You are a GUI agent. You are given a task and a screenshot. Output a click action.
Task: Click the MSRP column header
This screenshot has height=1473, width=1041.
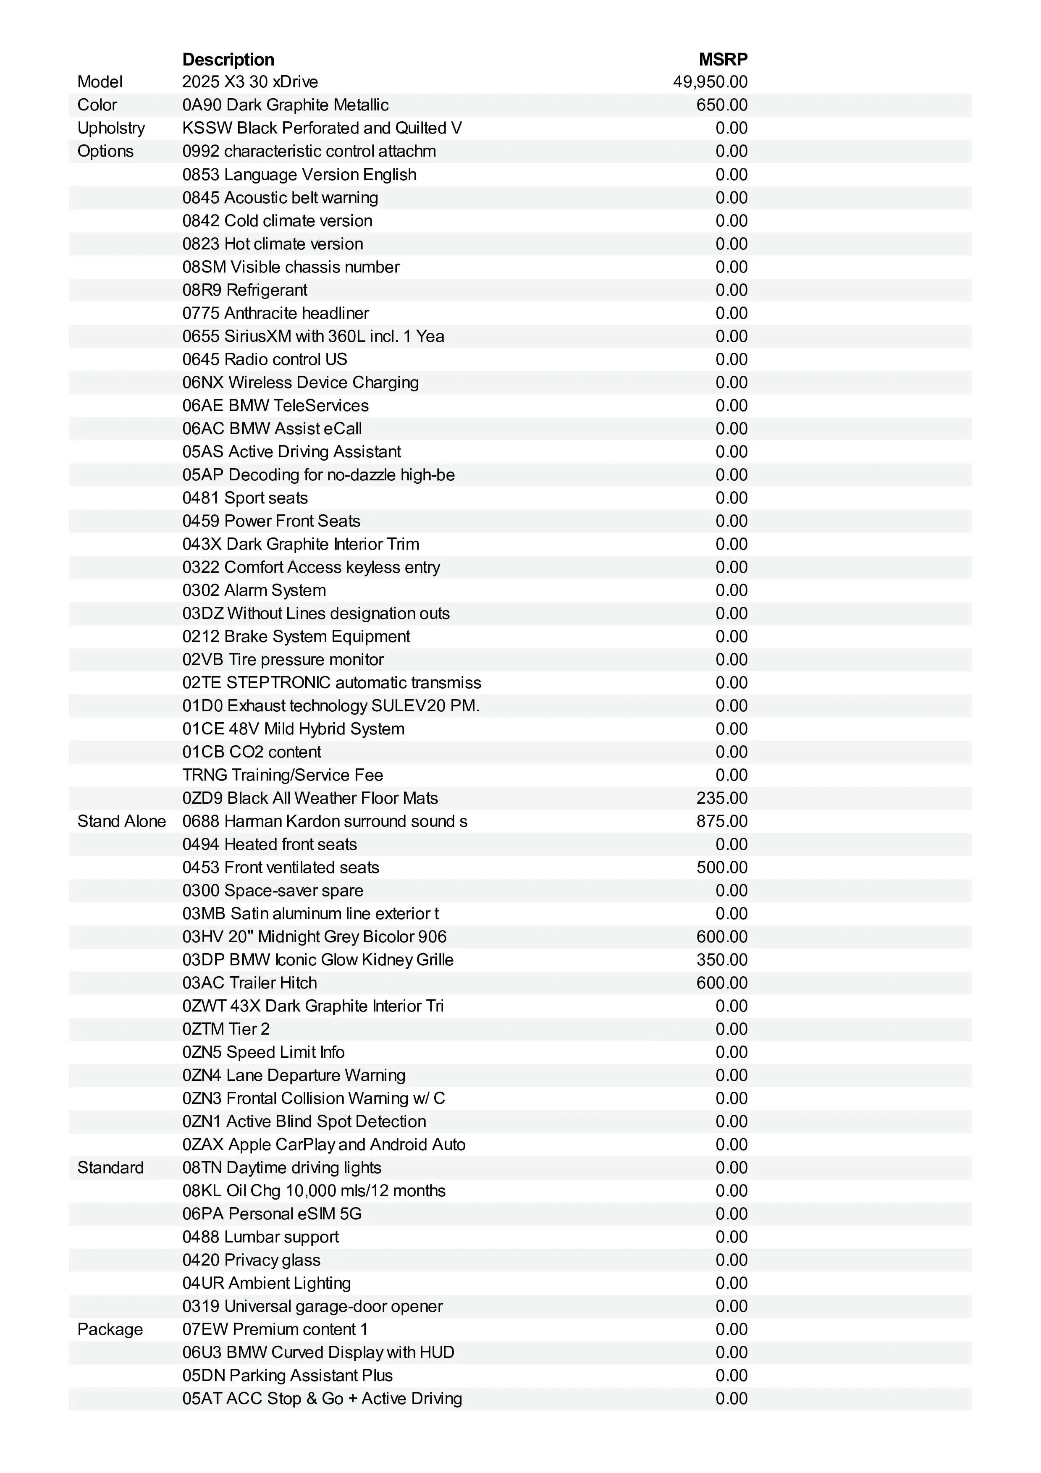point(723,60)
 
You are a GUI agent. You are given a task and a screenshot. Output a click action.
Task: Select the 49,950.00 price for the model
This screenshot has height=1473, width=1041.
point(710,82)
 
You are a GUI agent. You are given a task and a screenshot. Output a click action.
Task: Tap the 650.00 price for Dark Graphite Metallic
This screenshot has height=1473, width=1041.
point(721,105)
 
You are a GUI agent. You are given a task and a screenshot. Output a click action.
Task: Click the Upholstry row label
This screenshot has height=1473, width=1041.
point(111,128)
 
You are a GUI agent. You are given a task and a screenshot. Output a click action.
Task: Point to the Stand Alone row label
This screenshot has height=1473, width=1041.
point(121,821)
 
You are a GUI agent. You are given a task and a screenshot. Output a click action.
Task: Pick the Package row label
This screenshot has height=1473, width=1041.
point(110,1329)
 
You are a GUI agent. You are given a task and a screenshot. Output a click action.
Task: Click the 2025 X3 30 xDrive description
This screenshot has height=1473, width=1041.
point(250,82)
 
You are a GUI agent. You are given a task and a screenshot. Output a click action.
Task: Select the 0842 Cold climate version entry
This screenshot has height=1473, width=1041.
point(277,221)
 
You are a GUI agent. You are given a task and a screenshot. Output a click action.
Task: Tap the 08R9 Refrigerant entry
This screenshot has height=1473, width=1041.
point(244,290)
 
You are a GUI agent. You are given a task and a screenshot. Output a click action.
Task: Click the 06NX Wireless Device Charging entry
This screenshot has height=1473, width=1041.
point(300,383)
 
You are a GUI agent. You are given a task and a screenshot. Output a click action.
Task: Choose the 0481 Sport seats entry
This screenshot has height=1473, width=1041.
point(244,498)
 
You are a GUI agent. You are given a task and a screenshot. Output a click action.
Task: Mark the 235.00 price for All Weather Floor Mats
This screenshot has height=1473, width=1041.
point(721,798)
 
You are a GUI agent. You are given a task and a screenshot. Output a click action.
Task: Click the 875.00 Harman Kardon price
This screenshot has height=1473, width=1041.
point(721,821)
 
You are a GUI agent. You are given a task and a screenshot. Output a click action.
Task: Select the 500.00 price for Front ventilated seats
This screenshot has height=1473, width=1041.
point(721,868)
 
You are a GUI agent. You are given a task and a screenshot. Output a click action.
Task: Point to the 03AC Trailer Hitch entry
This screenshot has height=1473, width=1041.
point(249,983)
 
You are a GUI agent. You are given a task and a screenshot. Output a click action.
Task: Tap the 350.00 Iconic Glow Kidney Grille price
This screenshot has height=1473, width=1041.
point(721,960)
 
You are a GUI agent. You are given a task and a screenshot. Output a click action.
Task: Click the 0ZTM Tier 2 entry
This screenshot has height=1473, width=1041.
point(226,1029)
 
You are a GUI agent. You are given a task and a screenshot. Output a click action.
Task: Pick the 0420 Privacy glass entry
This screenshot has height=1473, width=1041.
point(251,1260)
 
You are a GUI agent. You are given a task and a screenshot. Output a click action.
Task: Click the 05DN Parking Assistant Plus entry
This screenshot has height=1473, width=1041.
point(287,1376)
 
